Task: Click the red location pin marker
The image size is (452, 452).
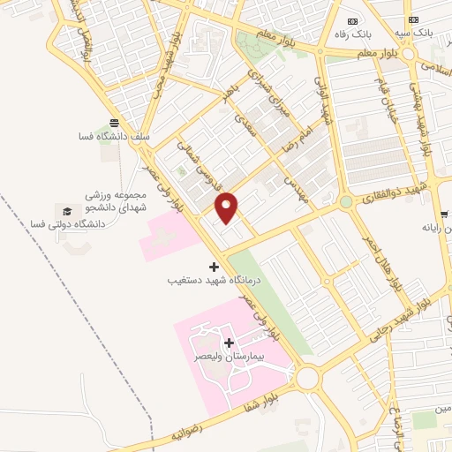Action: [x=228, y=207]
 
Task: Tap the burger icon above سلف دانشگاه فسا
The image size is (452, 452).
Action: [x=113, y=123]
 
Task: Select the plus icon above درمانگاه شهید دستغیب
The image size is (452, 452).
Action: [x=213, y=266]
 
